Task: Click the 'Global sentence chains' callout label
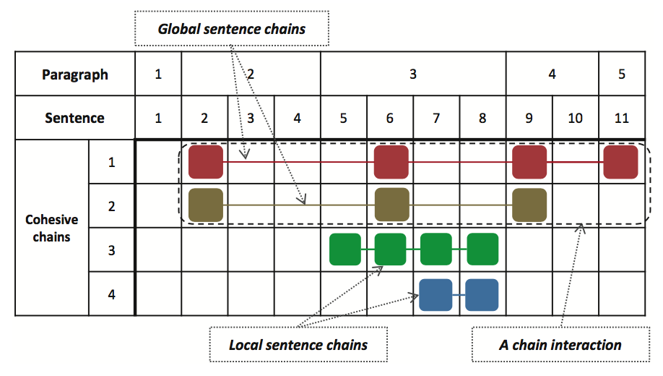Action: click(232, 30)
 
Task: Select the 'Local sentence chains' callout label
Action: click(298, 345)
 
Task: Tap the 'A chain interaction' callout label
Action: click(560, 345)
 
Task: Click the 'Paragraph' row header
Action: click(75, 74)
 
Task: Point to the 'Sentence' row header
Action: click(75, 118)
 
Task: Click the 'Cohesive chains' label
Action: click(51, 227)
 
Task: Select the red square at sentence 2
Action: click(206, 162)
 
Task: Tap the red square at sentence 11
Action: click(621, 162)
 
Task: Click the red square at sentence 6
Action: click(391, 162)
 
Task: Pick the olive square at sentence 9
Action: click(529, 205)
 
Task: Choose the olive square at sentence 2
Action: click(206, 205)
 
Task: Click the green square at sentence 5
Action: click(345, 249)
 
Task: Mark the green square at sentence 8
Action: click(482, 249)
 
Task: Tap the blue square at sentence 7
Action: click(436, 294)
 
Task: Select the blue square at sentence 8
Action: click(482, 294)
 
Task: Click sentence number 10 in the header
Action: click(575, 118)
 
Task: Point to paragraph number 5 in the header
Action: click(622, 74)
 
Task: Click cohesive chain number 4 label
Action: click(111, 294)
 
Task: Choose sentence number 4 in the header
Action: click(297, 118)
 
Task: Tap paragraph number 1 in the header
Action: click(158, 74)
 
